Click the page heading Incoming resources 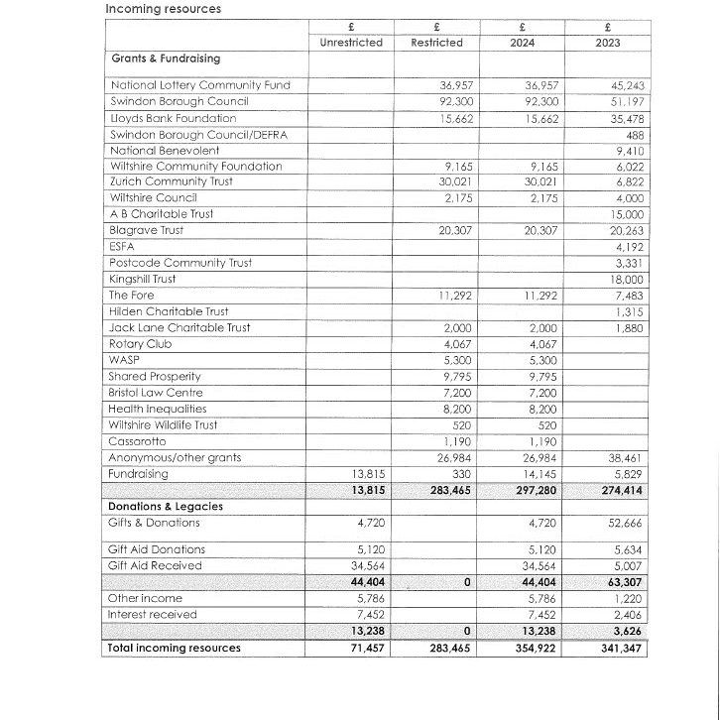tap(164, 9)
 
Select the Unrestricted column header tap(350, 43)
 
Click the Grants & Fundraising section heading tap(165, 59)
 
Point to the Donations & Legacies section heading tap(165, 506)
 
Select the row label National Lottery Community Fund tap(199, 85)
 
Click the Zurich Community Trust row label tap(179, 182)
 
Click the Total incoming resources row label tap(174, 648)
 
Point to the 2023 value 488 tap(634, 135)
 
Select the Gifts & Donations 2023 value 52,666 tap(625, 523)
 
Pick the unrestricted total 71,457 tap(366, 649)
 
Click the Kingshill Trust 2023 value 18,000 tap(625, 280)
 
